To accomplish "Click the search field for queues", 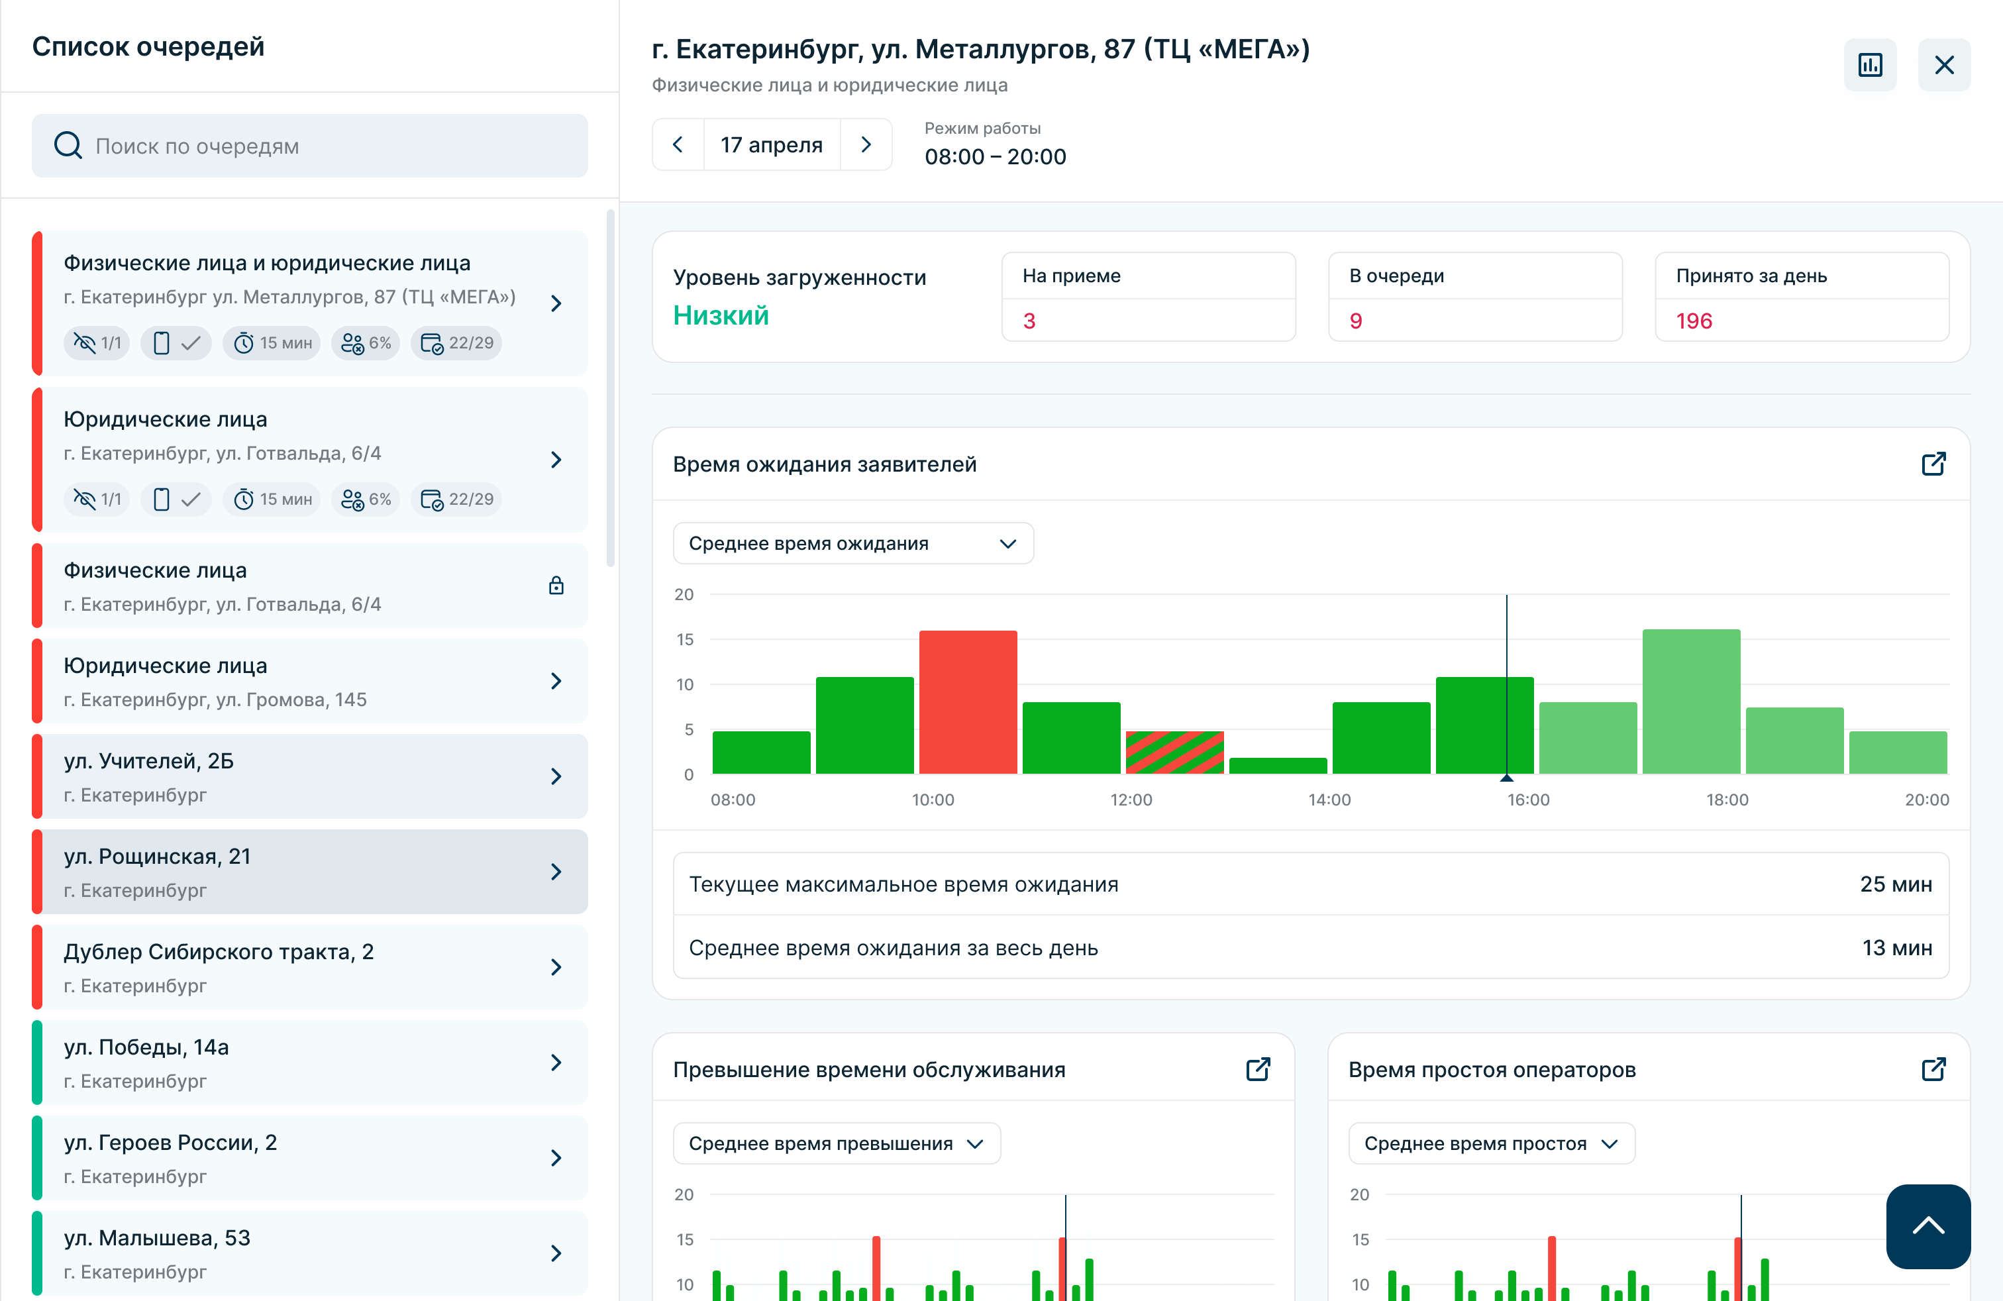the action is [x=310, y=146].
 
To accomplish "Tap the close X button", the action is [x=1944, y=65].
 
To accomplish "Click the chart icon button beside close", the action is [x=1870, y=65].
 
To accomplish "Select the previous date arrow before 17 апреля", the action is [x=678, y=145].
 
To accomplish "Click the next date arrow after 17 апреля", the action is [x=866, y=145].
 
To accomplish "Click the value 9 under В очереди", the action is [x=1356, y=321].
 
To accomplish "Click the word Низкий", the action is [x=721, y=315].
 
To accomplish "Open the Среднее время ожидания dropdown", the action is [x=853, y=544].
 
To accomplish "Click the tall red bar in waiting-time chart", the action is [x=968, y=702].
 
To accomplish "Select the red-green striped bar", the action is [x=1175, y=753].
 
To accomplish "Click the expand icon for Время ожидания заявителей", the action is [x=1933, y=464].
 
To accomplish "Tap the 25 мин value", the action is [x=1895, y=884].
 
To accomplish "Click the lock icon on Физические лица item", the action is [x=556, y=586].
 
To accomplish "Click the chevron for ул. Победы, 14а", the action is [x=556, y=1062].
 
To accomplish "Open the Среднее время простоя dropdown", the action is [x=1491, y=1143].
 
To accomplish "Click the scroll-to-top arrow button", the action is [x=1928, y=1226].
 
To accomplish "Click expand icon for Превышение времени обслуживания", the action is [x=1257, y=1068].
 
